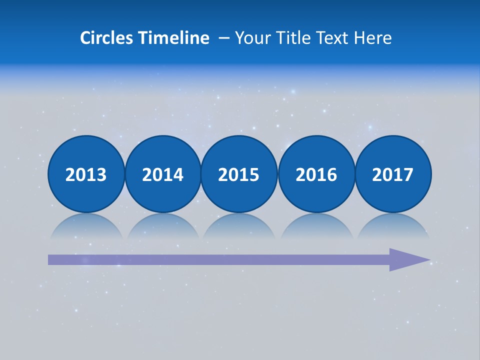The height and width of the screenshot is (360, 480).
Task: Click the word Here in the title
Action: (373, 38)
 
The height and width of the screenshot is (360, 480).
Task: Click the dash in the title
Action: (224, 38)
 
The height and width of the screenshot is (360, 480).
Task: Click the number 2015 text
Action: (239, 175)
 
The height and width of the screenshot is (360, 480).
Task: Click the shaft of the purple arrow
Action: (215, 259)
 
